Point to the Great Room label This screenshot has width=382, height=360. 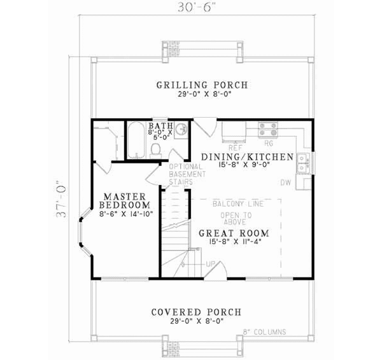click(233, 233)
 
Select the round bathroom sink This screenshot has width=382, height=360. click(180, 130)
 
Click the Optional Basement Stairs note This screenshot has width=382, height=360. click(187, 174)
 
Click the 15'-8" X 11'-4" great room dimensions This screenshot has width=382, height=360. click(233, 242)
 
